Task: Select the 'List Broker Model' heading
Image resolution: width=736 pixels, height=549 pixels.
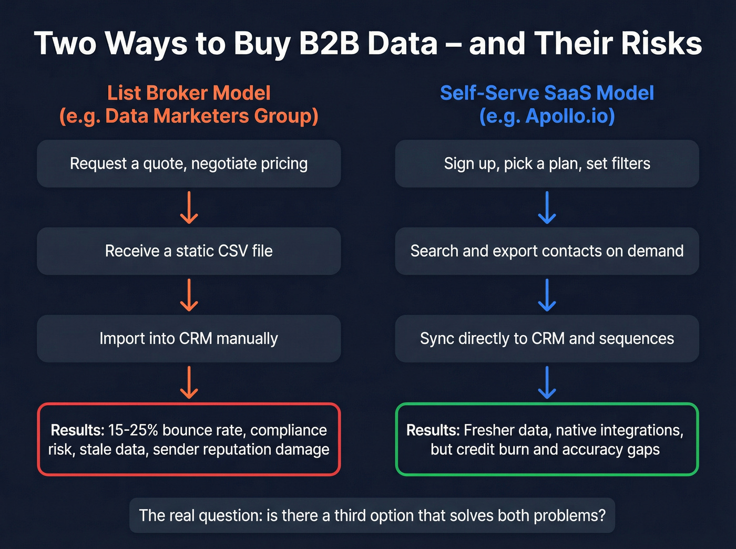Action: click(189, 93)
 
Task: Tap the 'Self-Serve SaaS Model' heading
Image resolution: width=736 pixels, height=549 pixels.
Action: click(547, 93)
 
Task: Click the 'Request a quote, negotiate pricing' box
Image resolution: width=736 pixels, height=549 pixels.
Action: click(189, 163)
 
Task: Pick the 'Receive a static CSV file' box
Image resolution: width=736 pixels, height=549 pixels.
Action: click(189, 251)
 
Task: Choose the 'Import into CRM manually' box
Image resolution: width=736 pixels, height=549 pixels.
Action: click(189, 338)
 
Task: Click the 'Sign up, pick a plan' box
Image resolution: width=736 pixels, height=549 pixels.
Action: click(547, 163)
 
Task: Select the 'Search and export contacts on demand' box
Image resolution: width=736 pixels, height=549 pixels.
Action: click(547, 251)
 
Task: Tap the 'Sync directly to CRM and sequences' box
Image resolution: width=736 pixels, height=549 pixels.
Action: click(547, 338)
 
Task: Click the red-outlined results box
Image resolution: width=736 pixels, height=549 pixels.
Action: click(189, 439)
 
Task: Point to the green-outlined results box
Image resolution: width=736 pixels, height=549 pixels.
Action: click(547, 439)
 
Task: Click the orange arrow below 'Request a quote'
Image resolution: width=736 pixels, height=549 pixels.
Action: click(189, 208)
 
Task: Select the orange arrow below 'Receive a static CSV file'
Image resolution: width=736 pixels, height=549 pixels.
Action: click(189, 295)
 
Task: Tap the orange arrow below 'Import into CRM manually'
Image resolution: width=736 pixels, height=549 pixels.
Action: click(189, 382)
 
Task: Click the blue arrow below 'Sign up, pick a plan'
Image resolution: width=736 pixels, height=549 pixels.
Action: click(547, 208)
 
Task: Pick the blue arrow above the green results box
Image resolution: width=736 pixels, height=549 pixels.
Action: click(547, 382)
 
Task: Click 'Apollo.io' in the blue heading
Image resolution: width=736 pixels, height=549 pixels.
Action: click(569, 116)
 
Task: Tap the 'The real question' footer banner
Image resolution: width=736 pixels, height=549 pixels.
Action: click(372, 515)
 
